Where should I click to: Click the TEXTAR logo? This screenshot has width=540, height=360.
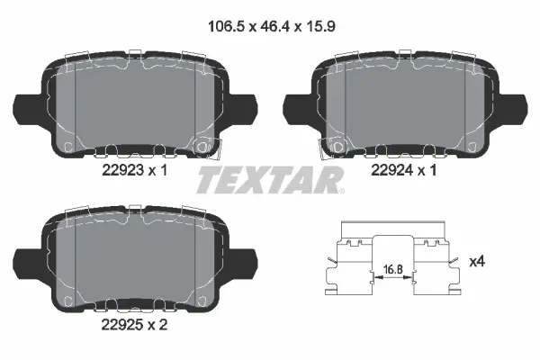[268, 180]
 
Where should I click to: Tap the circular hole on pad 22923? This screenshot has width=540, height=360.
[204, 143]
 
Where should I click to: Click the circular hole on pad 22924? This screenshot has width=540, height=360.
[338, 143]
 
